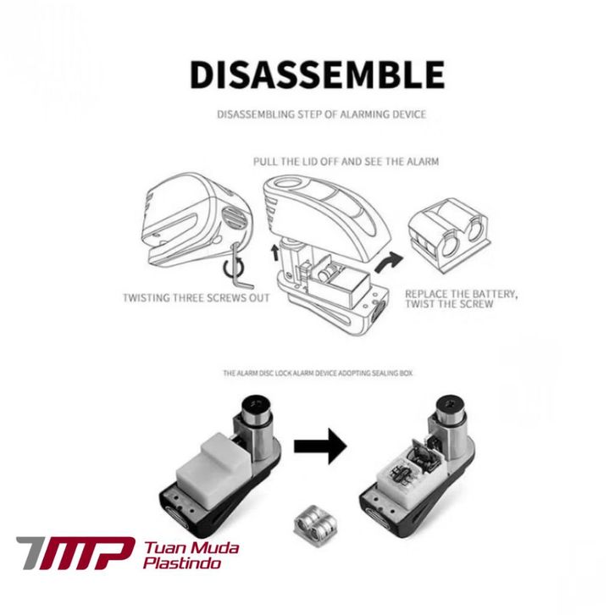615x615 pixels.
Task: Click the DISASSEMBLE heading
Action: tap(317, 75)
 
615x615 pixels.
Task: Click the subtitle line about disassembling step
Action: tap(321, 114)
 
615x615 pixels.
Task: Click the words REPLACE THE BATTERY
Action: tap(460, 294)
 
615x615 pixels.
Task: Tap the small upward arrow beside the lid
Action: tap(273, 251)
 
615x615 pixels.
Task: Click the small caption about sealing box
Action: tap(318, 372)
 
